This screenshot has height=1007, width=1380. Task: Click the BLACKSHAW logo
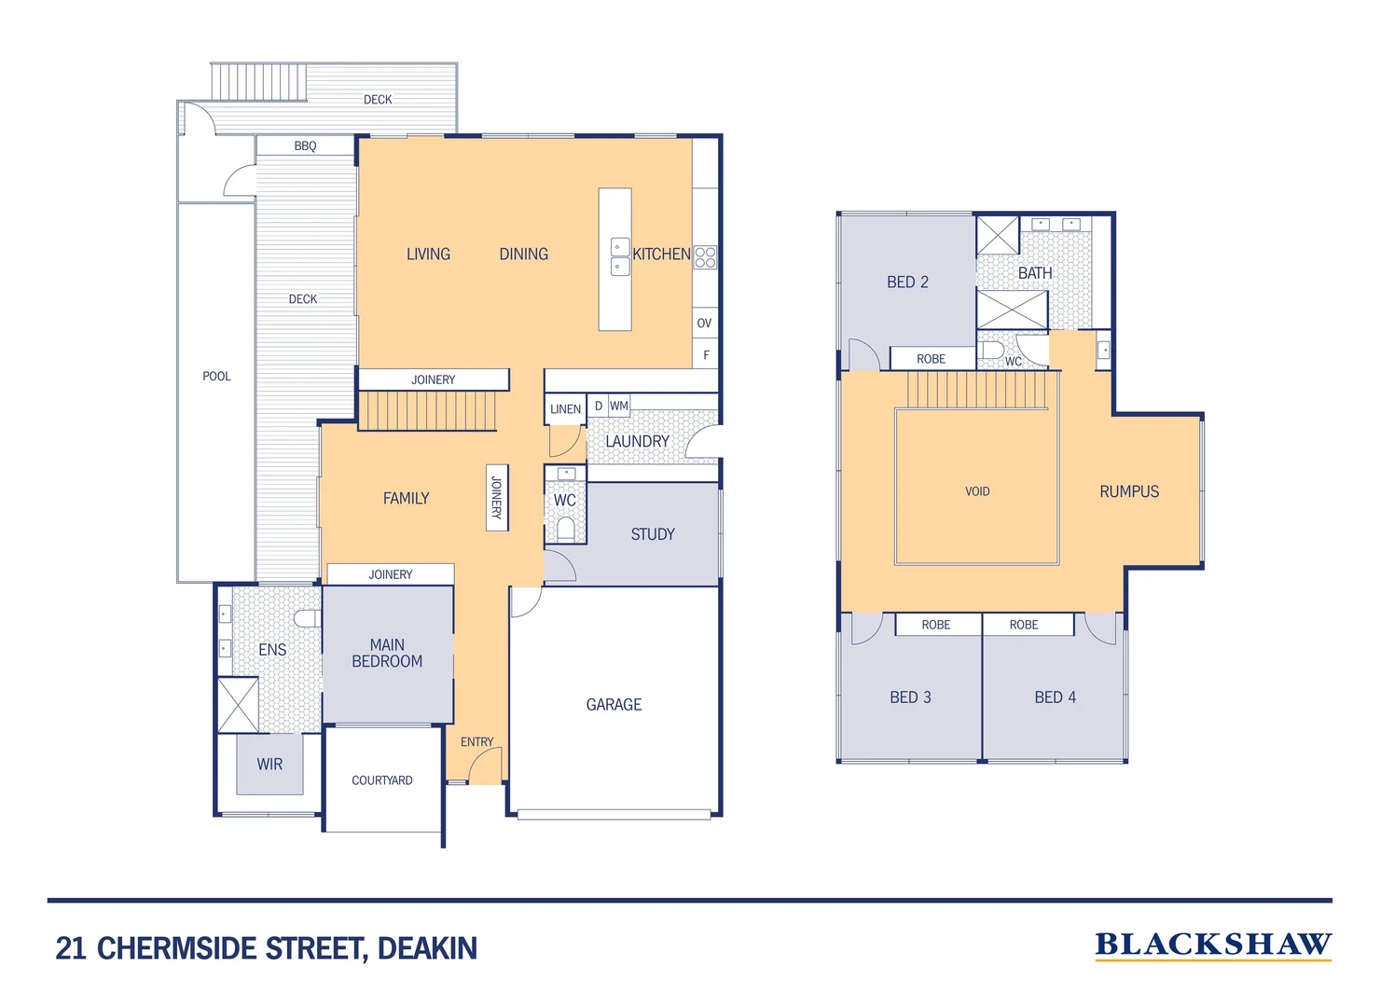pos(1212,945)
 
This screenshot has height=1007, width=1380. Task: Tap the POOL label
pos(216,377)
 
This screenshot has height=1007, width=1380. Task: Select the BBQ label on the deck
pos(305,146)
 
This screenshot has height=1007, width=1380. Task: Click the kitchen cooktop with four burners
pos(705,257)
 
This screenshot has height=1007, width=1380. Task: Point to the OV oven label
pos(704,324)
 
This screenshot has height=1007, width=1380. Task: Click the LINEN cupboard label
pos(565,409)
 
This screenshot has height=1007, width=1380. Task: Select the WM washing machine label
pos(619,407)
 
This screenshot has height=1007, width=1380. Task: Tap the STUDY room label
pos(652,534)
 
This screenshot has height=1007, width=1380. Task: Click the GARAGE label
pos(614,705)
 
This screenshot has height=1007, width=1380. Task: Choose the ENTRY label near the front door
pos(476,742)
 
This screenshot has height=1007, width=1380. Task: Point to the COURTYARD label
pos(381,780)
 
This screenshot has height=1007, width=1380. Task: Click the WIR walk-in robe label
pos(269,765)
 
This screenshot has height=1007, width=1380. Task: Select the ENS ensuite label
pos(272,650)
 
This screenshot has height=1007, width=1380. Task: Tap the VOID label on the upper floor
pos(977,491)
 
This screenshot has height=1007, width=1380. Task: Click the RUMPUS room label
pos(1129,491)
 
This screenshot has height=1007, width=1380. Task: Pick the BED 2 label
pos(907,283)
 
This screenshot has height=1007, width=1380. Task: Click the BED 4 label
pos(1055,697)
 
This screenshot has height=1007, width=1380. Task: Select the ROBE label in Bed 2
pos(931,359)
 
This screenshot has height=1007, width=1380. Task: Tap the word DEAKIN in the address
pos(427,948)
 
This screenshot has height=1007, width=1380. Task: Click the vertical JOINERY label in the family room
pos(497,498)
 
